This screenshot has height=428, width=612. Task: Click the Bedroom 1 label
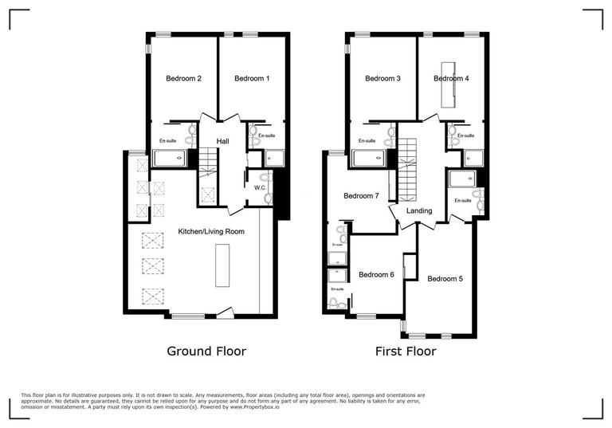pyautogui.click(x=252, y=79)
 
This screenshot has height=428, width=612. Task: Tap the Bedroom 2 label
pyautogui.click(x=183, y=79)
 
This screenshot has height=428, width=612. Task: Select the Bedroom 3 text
pyautogui.click(x=382, y=79)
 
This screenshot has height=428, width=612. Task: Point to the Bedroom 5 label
pyautogui.click(x=445, y=279)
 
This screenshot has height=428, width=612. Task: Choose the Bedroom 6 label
pyautogui.click(x=376, y=275)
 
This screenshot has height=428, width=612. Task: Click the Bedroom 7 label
pyautogui.click(x=361, y=196)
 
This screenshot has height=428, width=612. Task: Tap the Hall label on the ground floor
pyautogui.click(x=223, y=141)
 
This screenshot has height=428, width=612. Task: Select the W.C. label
pyautogui.click(x=260, y=188)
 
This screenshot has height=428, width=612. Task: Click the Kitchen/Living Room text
pyautogui.click(x=211, y=231)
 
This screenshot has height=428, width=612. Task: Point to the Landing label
pyautogui.click(x=419, y=211)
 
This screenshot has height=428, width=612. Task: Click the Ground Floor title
pyautogui.click(x=206, y=351)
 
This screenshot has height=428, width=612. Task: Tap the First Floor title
pyautogui.click(x=406, y=351)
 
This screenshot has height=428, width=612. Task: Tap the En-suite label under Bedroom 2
pyautogui.click(x=167, y=141)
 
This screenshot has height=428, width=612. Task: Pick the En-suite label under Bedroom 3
pyautogui.click(x=367, y=141)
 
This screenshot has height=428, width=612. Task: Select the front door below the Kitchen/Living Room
pyautogui.click(x=226, y=314)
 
